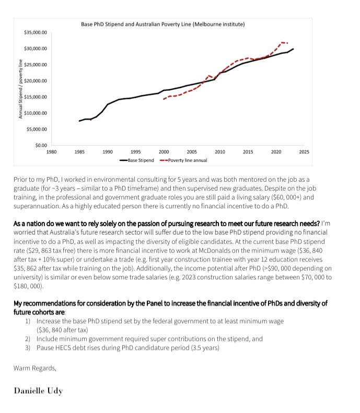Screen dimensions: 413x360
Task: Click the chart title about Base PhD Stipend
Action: tap(162, 24)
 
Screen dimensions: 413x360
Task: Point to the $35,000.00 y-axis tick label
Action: tap(36, 32)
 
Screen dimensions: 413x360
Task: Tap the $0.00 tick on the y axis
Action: tap(40, 145)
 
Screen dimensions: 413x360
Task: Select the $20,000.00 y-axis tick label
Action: tap(36, 81)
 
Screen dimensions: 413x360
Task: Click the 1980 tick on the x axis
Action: tap(51, 152)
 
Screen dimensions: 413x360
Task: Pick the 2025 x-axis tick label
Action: tap(304, 152)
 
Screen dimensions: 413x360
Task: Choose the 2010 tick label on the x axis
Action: tap(220, 152)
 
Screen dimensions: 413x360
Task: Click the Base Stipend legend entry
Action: tap(136, 160)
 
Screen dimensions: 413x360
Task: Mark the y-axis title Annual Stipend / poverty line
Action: tap(20, 89)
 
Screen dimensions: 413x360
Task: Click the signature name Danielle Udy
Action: tap(38, 391)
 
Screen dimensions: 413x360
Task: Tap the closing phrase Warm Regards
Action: tap(34, 368)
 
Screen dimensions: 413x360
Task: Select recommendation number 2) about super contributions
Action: tap(148, 339)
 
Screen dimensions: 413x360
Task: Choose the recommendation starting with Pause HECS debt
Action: tap(127, 348)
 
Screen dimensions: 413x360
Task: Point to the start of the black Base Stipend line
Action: tap(79, 121)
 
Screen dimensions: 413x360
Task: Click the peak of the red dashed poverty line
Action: tap(283, 42)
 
